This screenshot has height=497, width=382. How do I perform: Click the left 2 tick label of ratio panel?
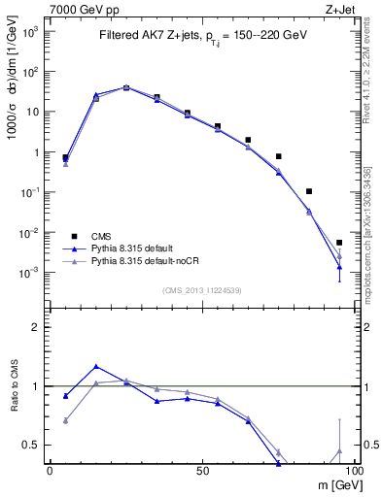[x=37, y=327]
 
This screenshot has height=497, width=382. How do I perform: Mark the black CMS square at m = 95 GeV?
[x=339, y=243]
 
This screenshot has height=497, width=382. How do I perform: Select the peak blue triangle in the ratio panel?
[x=95, y=366]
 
